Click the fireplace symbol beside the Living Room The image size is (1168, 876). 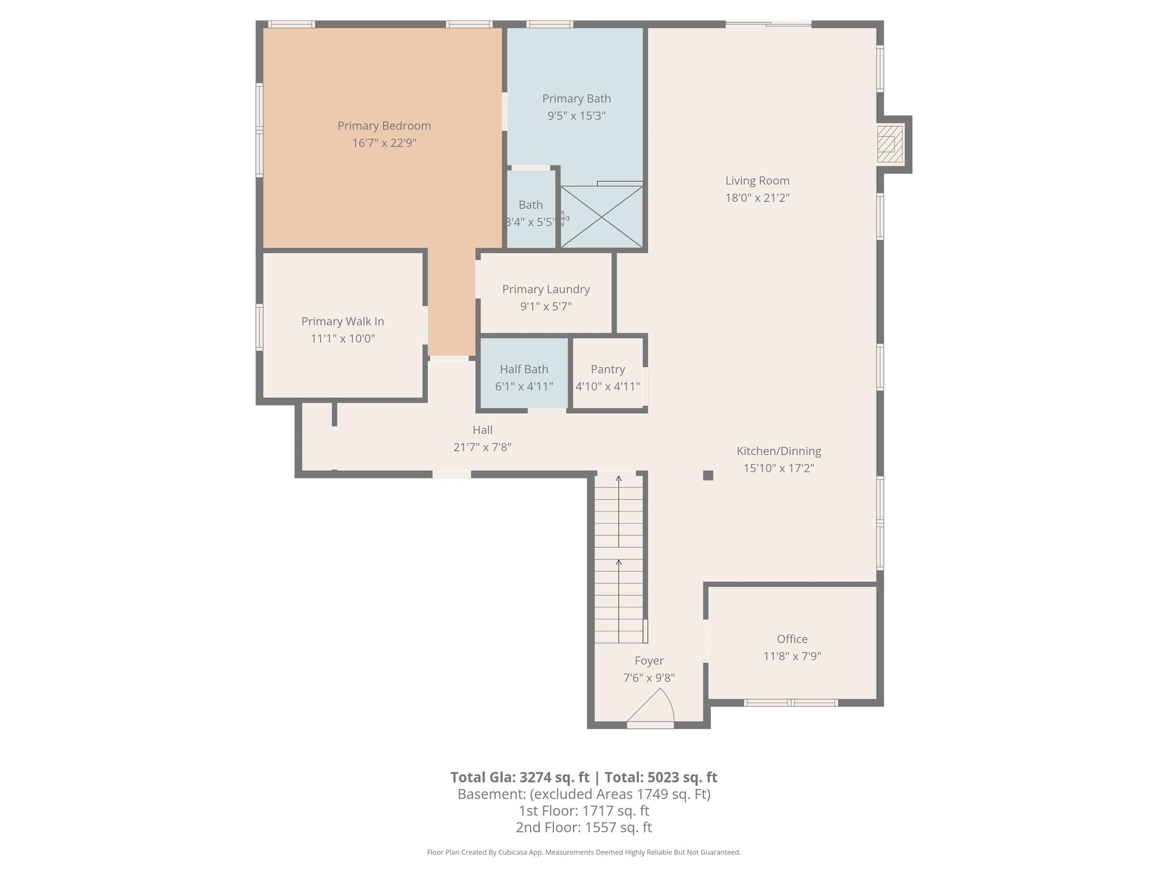pos(890,144)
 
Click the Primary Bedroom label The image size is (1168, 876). pos(384,126)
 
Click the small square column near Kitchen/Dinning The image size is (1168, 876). pos(708,475)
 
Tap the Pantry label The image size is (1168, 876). pos(607,369)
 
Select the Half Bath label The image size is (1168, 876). pos(524,369)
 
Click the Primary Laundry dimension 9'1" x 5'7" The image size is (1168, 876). pos(546,306)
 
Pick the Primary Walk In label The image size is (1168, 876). pos(342,321)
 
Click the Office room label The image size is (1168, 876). pos(792,639)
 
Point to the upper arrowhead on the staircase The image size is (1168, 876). pos(618,479)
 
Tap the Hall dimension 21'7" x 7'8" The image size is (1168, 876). pos(482,447)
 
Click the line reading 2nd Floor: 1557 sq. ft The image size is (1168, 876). pos(584,827)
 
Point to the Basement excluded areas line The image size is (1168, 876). pos(584,794)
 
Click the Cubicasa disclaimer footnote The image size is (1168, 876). pos(584,852)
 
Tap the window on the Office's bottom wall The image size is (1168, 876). pos(790,703)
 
